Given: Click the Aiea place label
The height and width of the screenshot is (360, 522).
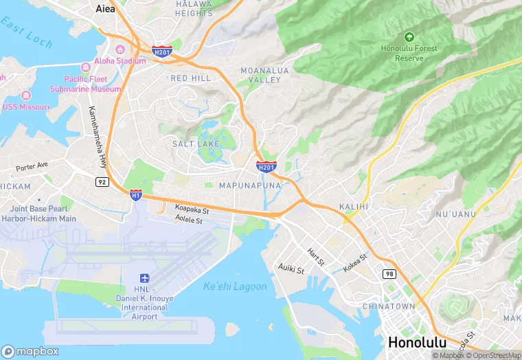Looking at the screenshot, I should coord(104,8).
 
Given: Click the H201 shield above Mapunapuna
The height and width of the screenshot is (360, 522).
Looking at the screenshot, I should coord(266,166).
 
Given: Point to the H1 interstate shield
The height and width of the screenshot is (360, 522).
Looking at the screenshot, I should coord(136,195).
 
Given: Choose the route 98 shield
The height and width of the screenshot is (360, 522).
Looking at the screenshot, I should coord(389,273).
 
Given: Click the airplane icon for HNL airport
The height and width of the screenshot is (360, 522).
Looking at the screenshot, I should coord(145,278).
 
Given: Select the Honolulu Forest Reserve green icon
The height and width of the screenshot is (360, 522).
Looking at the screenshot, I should coord(409,36).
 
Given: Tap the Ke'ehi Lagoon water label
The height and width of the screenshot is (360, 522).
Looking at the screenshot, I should coord(235,286).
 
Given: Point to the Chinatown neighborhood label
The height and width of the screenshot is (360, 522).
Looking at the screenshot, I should coord(398,306).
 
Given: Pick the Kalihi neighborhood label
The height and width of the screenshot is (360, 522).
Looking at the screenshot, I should coord(354,206).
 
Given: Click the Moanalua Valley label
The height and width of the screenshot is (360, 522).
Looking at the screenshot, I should coord(260,75).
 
